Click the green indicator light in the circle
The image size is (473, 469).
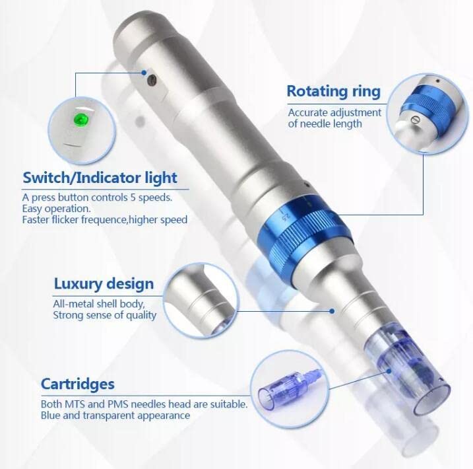(80, 120)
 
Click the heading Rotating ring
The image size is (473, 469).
(333, 91)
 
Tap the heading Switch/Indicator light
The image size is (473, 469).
(100, 177)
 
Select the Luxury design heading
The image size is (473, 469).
(104, 285)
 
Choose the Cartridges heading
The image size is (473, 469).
(78, 384)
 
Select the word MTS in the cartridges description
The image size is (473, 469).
(75, 404)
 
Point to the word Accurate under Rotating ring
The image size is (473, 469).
(308, 112)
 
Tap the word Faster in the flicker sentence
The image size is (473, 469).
(36, 219)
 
